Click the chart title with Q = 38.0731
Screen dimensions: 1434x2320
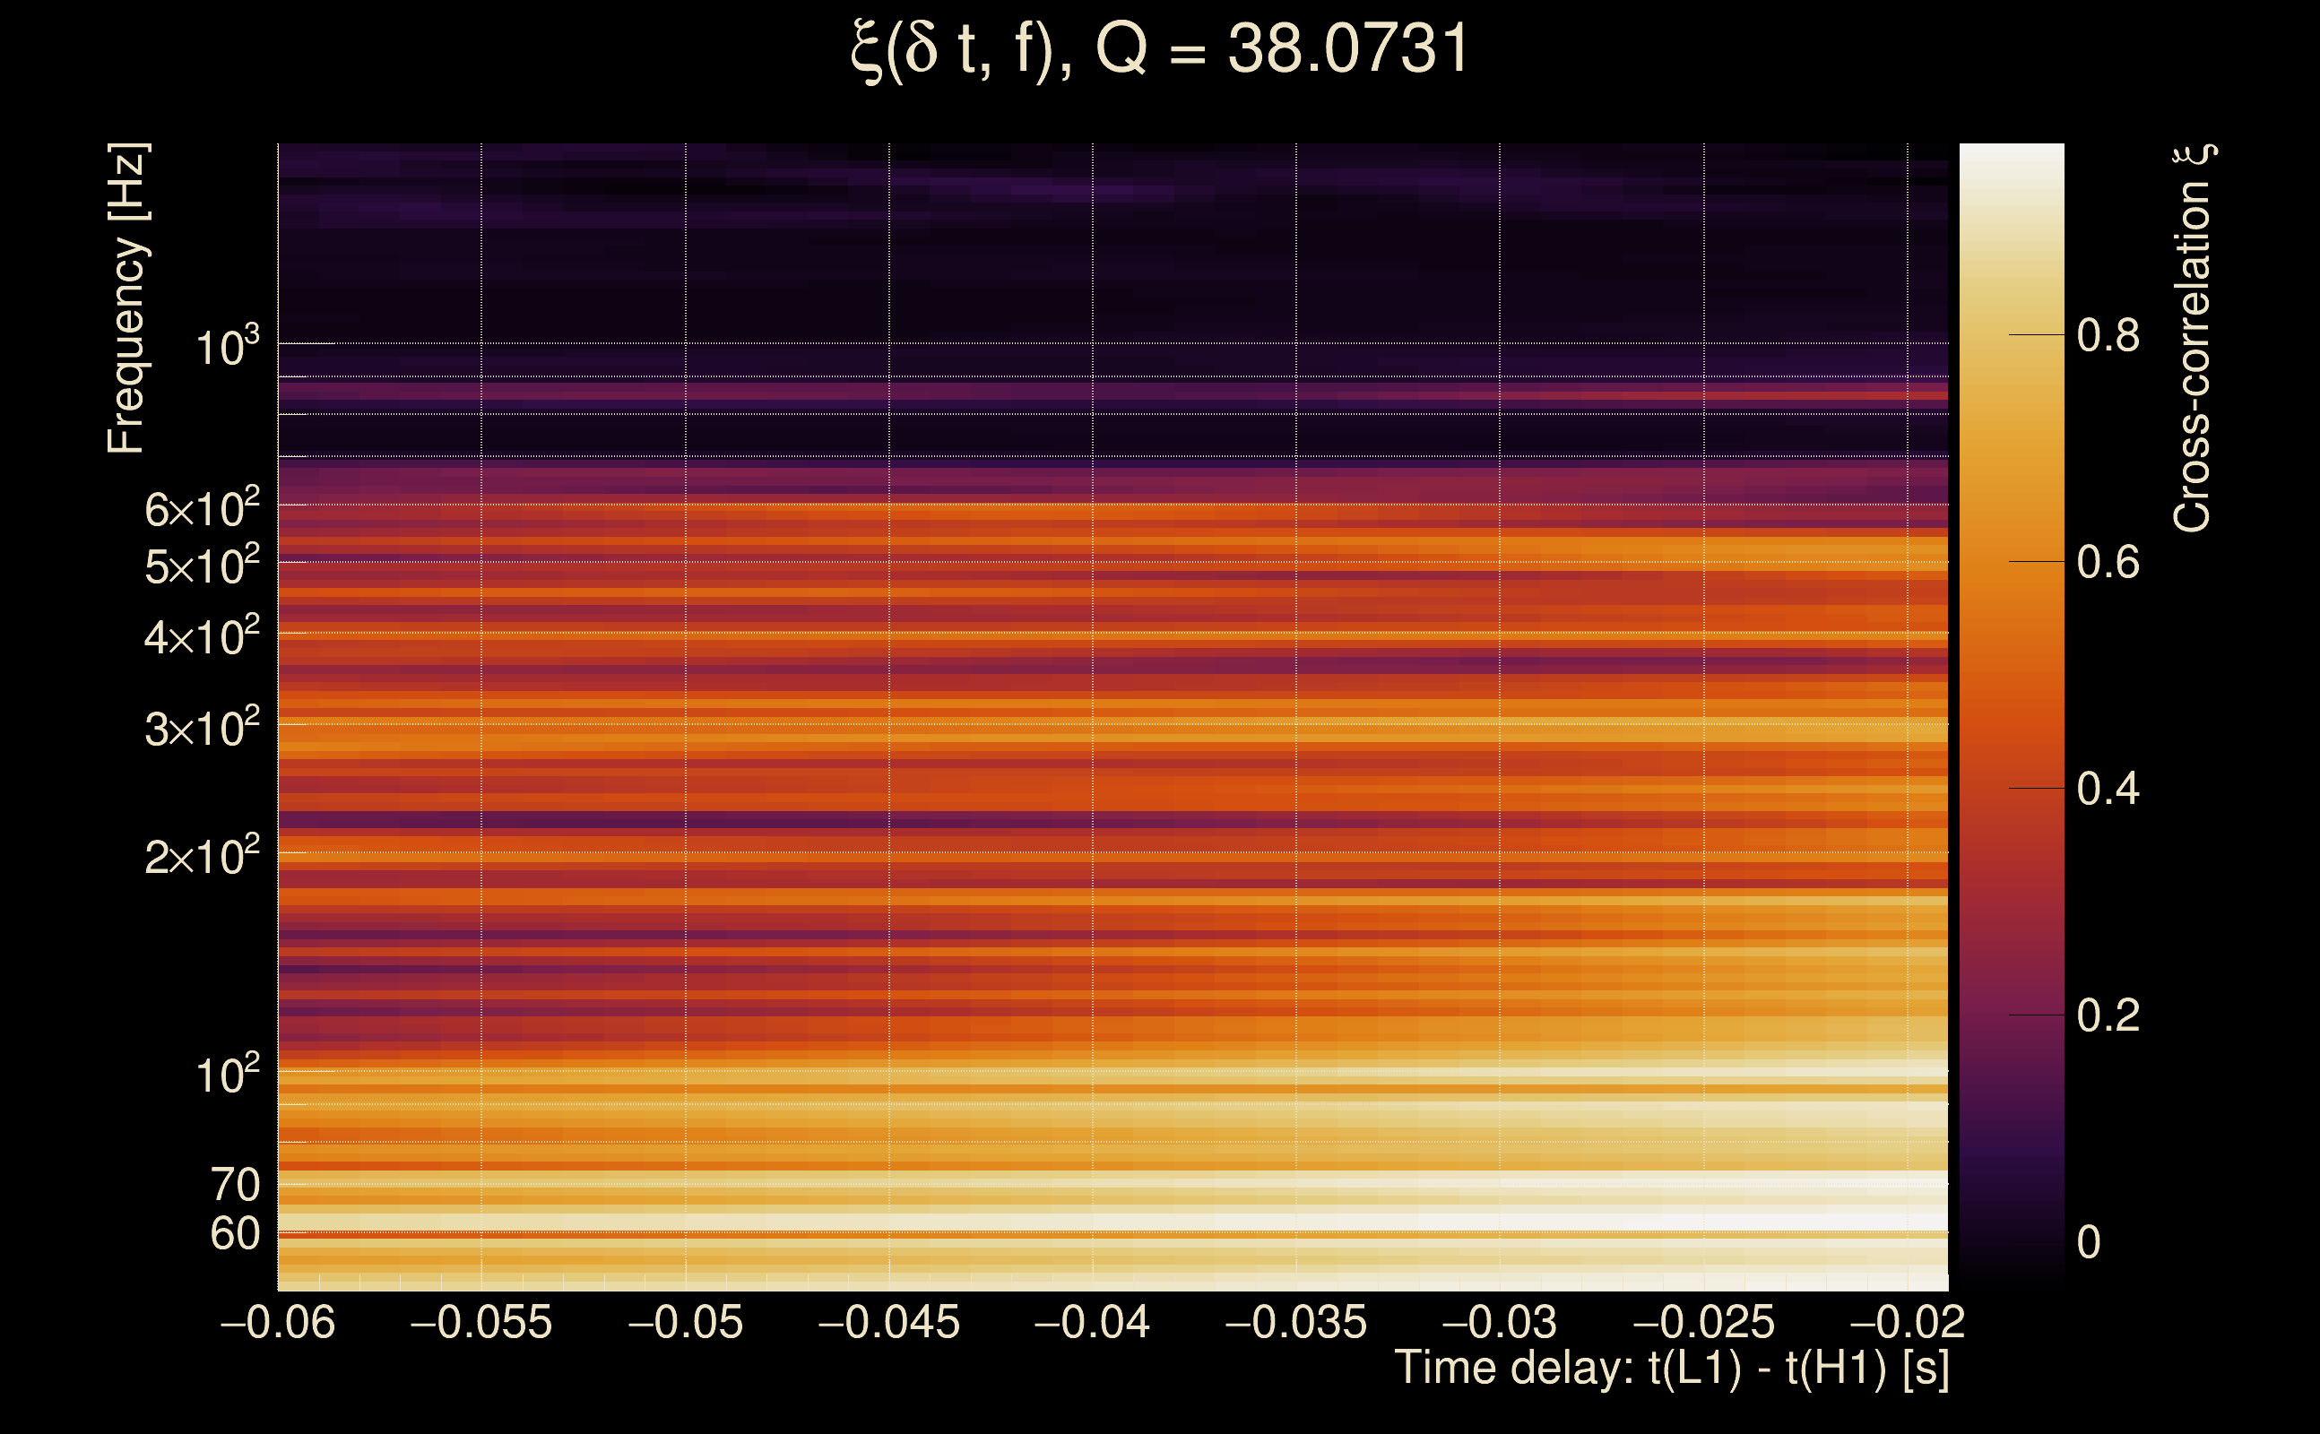[x=1159, y=49]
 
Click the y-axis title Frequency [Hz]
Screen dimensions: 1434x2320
[x=126, y=298]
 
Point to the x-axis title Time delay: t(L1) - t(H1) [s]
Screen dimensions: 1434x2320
[x=1671, y=1369]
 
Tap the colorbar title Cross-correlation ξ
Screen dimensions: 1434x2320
[x=2193, y=338]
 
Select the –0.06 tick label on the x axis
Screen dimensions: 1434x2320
[x=277, y=1322]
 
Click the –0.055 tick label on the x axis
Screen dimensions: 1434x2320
[x=480, y=1322]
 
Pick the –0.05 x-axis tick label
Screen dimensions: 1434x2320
[x=685, y=1322]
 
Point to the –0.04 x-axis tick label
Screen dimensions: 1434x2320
[x=1092, y=1322]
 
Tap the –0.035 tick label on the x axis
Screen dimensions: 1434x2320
[x=1295, y=1322]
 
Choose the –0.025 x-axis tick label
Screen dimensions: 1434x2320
[x=1703, y=1322]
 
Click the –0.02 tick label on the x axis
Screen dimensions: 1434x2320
[x=1908, y=1322]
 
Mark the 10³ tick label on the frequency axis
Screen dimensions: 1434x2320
[x=227, y=347]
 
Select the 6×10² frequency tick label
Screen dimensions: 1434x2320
[x=201, y=509]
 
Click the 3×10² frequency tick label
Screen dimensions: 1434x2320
[x=201, y=729]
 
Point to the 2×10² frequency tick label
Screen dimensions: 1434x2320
[x=201, y=857]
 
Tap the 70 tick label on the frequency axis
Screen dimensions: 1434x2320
[x=234, y=1185]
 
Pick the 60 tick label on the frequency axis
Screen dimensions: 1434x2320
[x=234, y=1234]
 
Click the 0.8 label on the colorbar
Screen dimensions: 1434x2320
[x=2108, y=336]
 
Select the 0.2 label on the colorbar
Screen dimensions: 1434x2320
[x=2108, y=1015]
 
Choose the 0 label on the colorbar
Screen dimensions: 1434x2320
[x=2089, y=1242]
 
